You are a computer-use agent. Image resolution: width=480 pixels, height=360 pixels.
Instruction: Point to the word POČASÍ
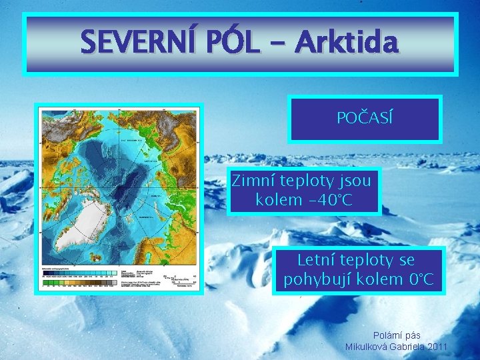coord(365,119)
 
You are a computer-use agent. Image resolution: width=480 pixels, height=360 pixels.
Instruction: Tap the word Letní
coord(319,259)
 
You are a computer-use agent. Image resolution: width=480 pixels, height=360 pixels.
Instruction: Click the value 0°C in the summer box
coord(419,279)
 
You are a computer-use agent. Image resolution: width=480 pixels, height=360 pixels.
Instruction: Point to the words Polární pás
coord(397,335)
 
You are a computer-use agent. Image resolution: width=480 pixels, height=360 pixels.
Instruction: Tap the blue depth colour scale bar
coord(79,273)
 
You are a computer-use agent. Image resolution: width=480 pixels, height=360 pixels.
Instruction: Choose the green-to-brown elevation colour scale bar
coord(79,283)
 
